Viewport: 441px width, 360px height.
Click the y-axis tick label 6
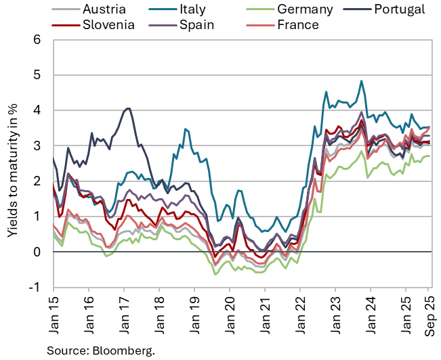coord(37,39)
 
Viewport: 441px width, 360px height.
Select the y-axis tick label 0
coord(37,252)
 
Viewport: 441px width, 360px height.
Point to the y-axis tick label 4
coord(37,110)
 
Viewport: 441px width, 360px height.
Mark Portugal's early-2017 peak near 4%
coord(127,108)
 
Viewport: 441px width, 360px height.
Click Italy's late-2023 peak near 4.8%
coord(362,81)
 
